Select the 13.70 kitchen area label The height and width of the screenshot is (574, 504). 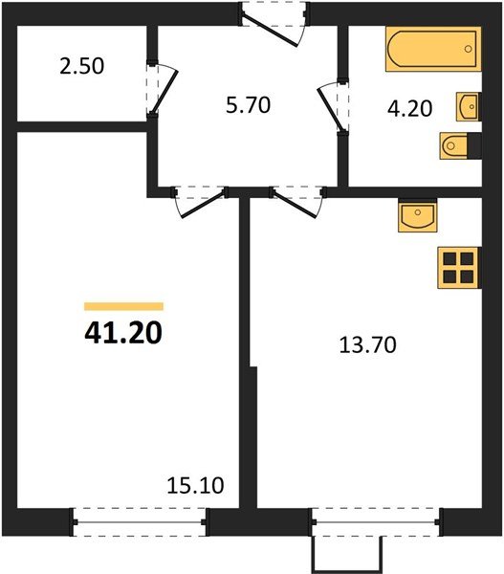(367, 343)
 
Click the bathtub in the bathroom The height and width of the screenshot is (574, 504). (431, 49)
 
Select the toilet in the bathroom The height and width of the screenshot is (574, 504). (457, 144)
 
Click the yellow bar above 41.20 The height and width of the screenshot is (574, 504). (123, 306)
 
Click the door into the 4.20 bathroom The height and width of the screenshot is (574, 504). (335, 106)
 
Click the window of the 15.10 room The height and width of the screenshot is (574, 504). (141, 522)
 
